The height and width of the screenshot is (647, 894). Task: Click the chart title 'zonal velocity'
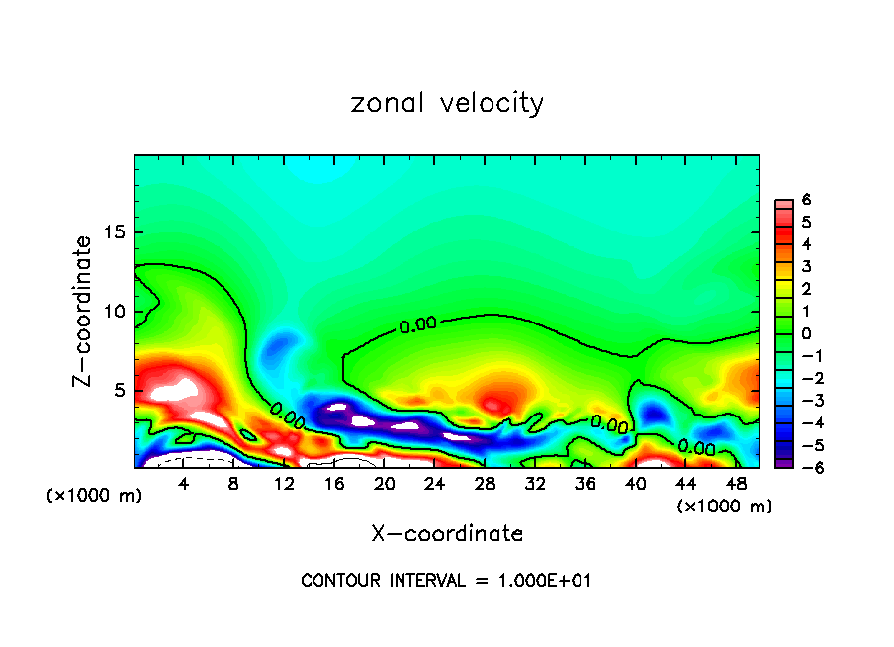coord(447,103)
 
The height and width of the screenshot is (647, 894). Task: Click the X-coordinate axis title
coord(447,534)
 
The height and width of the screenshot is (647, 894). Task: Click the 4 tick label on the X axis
coord(184,485)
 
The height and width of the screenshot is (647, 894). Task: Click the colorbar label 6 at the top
coord(807,200)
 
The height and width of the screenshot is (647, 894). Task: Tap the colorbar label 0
coord(807,333)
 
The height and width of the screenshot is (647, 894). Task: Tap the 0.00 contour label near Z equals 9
coord(417,325)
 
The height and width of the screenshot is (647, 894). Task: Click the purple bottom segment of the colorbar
coord(781,461)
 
